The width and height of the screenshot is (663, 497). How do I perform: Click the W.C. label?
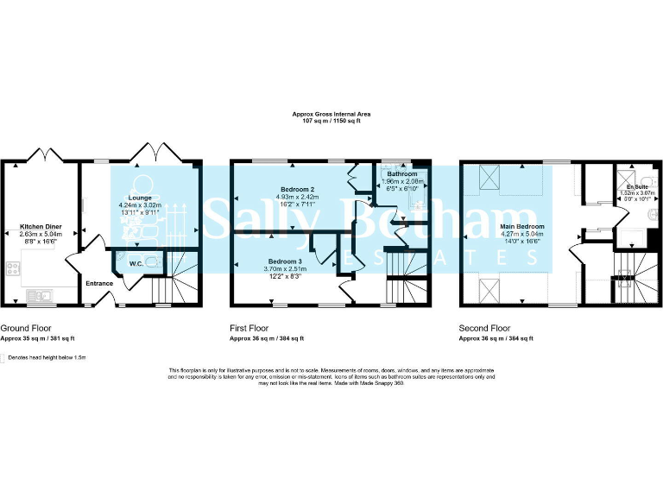[x=136, y=263]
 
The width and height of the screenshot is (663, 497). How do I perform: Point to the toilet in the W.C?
[x=154, y=262]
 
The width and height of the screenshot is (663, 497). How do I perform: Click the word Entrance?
[x=98, y=283]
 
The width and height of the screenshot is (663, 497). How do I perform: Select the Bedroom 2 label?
[x=297, y=189]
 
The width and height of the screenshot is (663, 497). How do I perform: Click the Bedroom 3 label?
[x=285, y=261]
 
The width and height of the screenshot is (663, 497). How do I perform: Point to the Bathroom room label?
[x=402, y=174]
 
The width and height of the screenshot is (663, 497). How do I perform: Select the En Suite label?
[x=638, y=186]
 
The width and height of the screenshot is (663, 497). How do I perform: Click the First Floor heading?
[x=249, y=329]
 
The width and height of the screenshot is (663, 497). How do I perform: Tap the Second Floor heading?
[x=484, y=329]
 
